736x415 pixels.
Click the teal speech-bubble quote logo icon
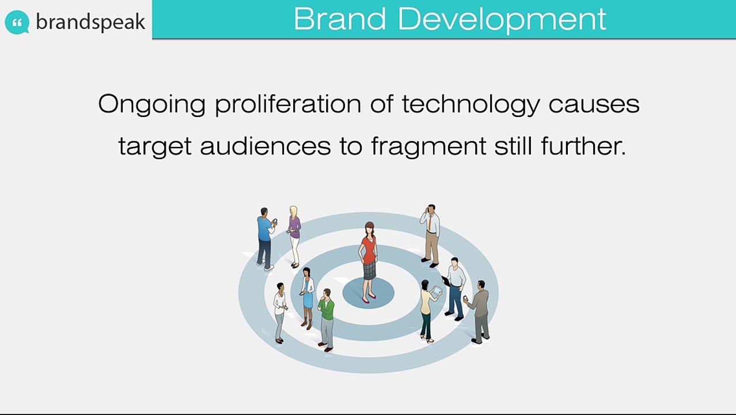click(x=17, y=22)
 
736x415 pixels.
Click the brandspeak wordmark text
click(x=90, y=22)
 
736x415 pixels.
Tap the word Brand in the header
click(x=340, y=19)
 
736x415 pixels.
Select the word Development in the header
click(x=502, y=20)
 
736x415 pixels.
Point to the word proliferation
click(x=288, y=105)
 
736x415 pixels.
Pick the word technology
click(x=471, y=105)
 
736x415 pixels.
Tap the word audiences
click(x=265, y=146)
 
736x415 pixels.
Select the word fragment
click(x=428, y=146)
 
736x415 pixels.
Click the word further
click(x=583, y=146)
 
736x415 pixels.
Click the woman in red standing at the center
click(x=369, y=262)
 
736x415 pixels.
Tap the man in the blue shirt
click(x=266, y=239)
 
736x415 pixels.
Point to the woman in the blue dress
click(x=307, y=298)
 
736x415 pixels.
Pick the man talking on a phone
click(x=430, y=235)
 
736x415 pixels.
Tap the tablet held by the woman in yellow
click(x=437, y=291)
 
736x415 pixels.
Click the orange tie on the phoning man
click(x=430, y=223)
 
